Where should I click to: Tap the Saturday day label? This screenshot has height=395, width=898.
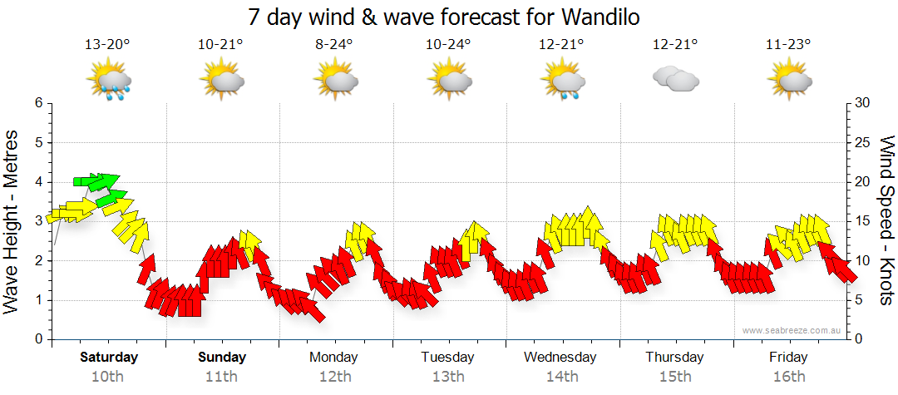[109, 358]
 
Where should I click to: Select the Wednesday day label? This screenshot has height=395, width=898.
[560, 358]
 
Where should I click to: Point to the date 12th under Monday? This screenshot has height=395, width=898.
[334, 376]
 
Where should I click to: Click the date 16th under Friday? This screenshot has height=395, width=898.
[788, 376]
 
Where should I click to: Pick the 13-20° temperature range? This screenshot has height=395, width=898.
[108, 45]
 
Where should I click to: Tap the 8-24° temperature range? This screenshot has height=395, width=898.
[335, 45]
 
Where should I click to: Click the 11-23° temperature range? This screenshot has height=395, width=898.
[788, 45]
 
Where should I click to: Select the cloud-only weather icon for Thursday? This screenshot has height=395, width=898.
[675, 79]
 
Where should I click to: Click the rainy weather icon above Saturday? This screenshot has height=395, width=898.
[109, 81]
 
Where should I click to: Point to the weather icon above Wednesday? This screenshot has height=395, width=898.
[563, 81]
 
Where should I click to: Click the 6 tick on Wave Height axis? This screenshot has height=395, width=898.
[38, 103]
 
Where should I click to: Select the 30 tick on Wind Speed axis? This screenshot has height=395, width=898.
[862, 103]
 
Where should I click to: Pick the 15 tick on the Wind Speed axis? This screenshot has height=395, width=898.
[862, 221]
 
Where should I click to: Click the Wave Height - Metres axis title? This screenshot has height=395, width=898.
[13, 221]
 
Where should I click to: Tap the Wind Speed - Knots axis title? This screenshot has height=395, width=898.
[886, 221]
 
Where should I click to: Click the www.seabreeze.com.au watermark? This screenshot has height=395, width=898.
[792, 331]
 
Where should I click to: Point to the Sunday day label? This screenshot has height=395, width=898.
[222, 358]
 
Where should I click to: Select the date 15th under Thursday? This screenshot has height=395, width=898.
[675, 376]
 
